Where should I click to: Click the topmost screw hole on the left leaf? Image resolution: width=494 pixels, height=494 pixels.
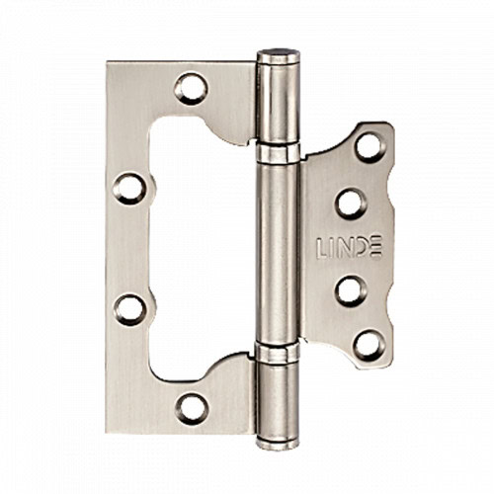coord(191,89)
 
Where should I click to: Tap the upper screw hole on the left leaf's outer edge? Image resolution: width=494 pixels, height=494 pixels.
coord(129,189)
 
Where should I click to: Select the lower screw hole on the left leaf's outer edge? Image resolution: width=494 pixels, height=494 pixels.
coord(129,310)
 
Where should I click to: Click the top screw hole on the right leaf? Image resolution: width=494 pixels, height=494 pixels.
coord(370,147)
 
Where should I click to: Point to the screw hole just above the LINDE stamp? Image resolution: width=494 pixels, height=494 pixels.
coord(351,204)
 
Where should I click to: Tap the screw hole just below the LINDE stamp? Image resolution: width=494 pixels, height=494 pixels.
coord(352,291)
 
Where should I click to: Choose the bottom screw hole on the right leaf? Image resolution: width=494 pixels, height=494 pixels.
coord(370,346)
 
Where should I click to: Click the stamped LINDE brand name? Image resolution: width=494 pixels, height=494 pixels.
coord(349,246)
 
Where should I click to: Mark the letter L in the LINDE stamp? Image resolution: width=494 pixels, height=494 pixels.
coord(322,247)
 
